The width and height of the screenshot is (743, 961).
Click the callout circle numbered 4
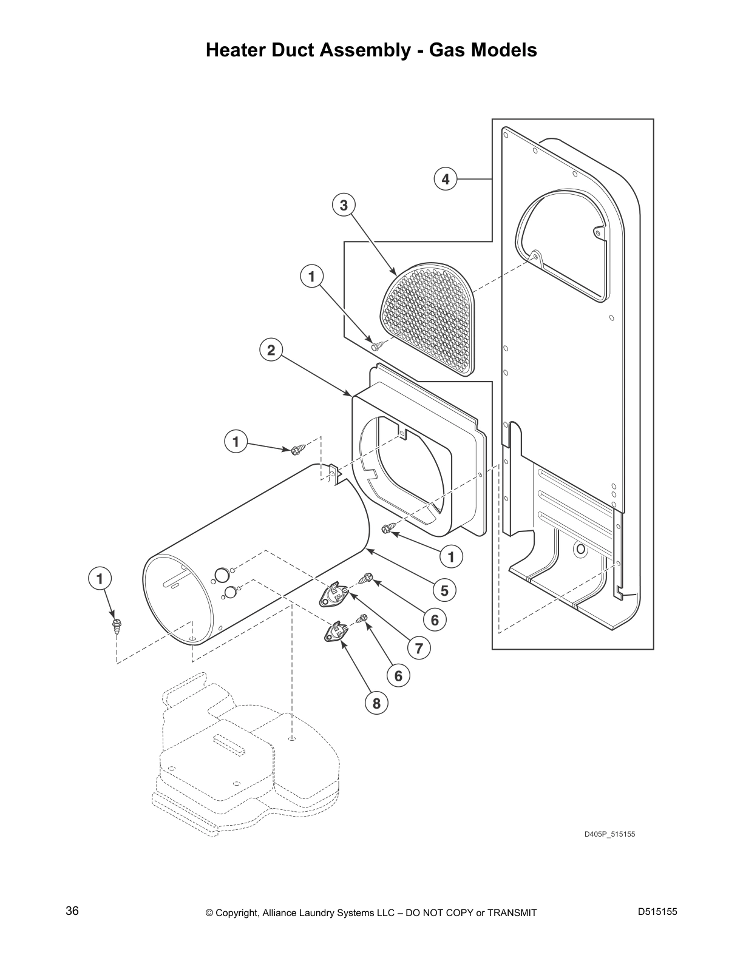click(445, 179)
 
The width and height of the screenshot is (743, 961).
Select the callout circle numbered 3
click(344, 205)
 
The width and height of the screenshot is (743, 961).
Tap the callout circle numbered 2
click(271, 350)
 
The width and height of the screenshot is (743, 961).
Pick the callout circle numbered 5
click(444, 590)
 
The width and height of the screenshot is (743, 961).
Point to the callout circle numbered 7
click(419, 649)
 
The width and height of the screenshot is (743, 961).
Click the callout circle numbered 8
click(376, 704)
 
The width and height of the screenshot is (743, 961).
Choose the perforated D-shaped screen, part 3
click(426, 320)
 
